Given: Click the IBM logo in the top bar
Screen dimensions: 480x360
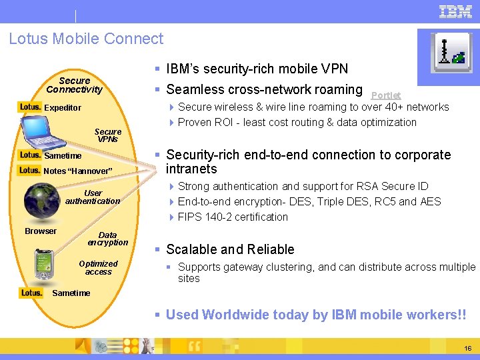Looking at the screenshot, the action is coord(456,11).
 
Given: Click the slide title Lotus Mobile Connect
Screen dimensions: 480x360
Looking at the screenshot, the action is coord(86,39).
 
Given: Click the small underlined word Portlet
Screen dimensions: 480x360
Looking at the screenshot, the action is coord(386,95).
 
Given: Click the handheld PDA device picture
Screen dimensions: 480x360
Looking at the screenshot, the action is coord(45,263).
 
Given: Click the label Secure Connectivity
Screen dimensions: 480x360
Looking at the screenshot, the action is coord(74,85).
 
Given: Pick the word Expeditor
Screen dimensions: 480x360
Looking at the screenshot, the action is coord(63,107).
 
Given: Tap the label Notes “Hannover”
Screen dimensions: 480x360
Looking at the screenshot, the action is coord(78,171).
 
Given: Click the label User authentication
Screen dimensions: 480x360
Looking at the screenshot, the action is coord(93,197).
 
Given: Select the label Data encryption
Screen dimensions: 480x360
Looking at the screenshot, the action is coord(107,239).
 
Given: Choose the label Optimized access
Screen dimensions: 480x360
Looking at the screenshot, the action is coord(98,267).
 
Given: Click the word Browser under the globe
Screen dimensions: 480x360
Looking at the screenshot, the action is coord(41,231).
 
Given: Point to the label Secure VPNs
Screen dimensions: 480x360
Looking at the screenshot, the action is coord(108,135).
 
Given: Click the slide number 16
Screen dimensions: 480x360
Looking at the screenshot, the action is coord(467,349).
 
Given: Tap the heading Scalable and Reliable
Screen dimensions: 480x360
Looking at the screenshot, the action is coord(230,249).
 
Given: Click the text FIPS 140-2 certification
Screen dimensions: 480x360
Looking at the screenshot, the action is coord(233,217).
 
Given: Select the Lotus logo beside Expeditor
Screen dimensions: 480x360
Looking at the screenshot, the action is coord(30,107).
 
